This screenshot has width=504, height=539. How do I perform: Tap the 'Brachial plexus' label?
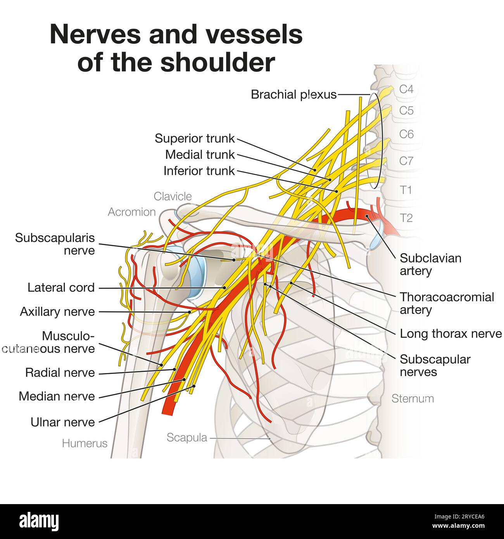click(293, 94)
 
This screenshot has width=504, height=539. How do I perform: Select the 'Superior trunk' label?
click(195, 138)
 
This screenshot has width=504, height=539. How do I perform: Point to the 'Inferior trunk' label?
click(199, 171)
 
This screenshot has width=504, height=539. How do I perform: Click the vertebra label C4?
click(406, 89)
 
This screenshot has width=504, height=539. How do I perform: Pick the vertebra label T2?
click(406, 218)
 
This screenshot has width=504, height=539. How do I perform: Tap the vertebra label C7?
click(406, 161)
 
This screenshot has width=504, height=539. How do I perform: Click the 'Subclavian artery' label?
click(430, 264)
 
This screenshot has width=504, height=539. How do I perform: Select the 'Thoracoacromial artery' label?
click(447, 303)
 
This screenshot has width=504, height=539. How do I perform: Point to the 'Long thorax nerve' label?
click(450, 333)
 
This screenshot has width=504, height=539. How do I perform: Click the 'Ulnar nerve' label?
click(63, 422)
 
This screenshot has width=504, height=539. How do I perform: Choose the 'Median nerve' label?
click(57, 396)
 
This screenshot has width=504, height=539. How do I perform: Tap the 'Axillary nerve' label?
click(57, 312)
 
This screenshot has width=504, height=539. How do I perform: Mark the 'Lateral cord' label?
click(61, 287)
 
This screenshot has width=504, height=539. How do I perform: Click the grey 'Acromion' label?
click(131, 212)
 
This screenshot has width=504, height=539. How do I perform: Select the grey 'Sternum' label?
click(413, 398)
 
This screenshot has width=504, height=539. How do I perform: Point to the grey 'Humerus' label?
click(85, 443)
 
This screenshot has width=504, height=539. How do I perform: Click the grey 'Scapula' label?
click(187, 437)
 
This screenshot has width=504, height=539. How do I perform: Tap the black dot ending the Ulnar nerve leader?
click(194, 386)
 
